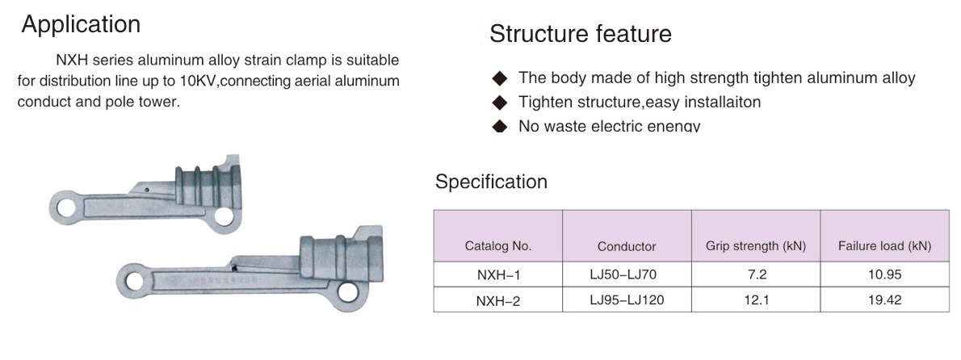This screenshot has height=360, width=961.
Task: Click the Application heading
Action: (x=81, y=24)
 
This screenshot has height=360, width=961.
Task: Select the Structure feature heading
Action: (x=581, y=34)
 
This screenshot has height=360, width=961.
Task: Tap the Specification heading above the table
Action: (x=491, y=182)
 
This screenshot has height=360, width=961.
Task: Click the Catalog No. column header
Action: (x=498, y=246)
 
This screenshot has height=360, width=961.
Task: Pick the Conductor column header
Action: (x=627, y=246)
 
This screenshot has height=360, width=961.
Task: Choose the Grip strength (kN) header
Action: (x=756, y=246)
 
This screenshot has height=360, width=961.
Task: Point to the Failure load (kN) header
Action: (x=884, y=246)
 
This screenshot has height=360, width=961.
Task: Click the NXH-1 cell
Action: (x=498, y=275)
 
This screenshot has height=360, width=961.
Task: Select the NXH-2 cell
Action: (x=498, y=300)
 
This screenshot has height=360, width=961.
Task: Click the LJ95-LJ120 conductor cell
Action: (x=627, y=300)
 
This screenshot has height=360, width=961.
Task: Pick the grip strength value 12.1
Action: (x=757, y=300)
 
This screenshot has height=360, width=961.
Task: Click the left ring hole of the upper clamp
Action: (x=66, y=207)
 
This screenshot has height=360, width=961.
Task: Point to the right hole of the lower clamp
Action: (x=347, y=292)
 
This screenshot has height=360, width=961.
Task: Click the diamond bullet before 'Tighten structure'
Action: (x=501, y=102)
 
